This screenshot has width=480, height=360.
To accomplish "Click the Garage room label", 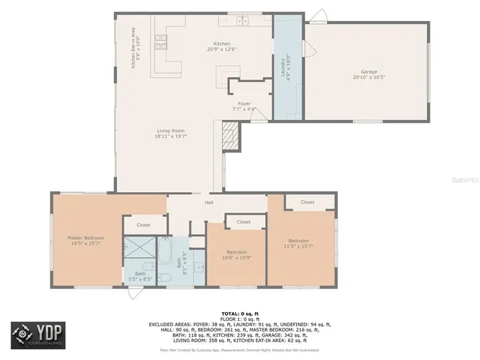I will tap(369, 72).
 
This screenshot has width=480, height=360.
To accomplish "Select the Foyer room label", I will tap(244, 103).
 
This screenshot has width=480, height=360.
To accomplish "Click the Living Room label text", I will tap(170, 131).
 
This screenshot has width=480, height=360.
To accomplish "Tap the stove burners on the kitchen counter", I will tap(160, 37).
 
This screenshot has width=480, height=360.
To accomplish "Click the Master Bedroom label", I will tap(85, 238).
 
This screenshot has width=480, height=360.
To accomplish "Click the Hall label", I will tap(209, 202).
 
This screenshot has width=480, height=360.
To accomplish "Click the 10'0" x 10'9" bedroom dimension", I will tap(236, 257).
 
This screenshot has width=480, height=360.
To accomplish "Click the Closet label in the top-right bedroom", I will tap(307, 202).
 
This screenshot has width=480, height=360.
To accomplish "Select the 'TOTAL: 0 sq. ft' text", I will tap(240, 313).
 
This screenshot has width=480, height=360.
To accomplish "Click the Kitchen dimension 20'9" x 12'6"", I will tap(222, 49).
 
